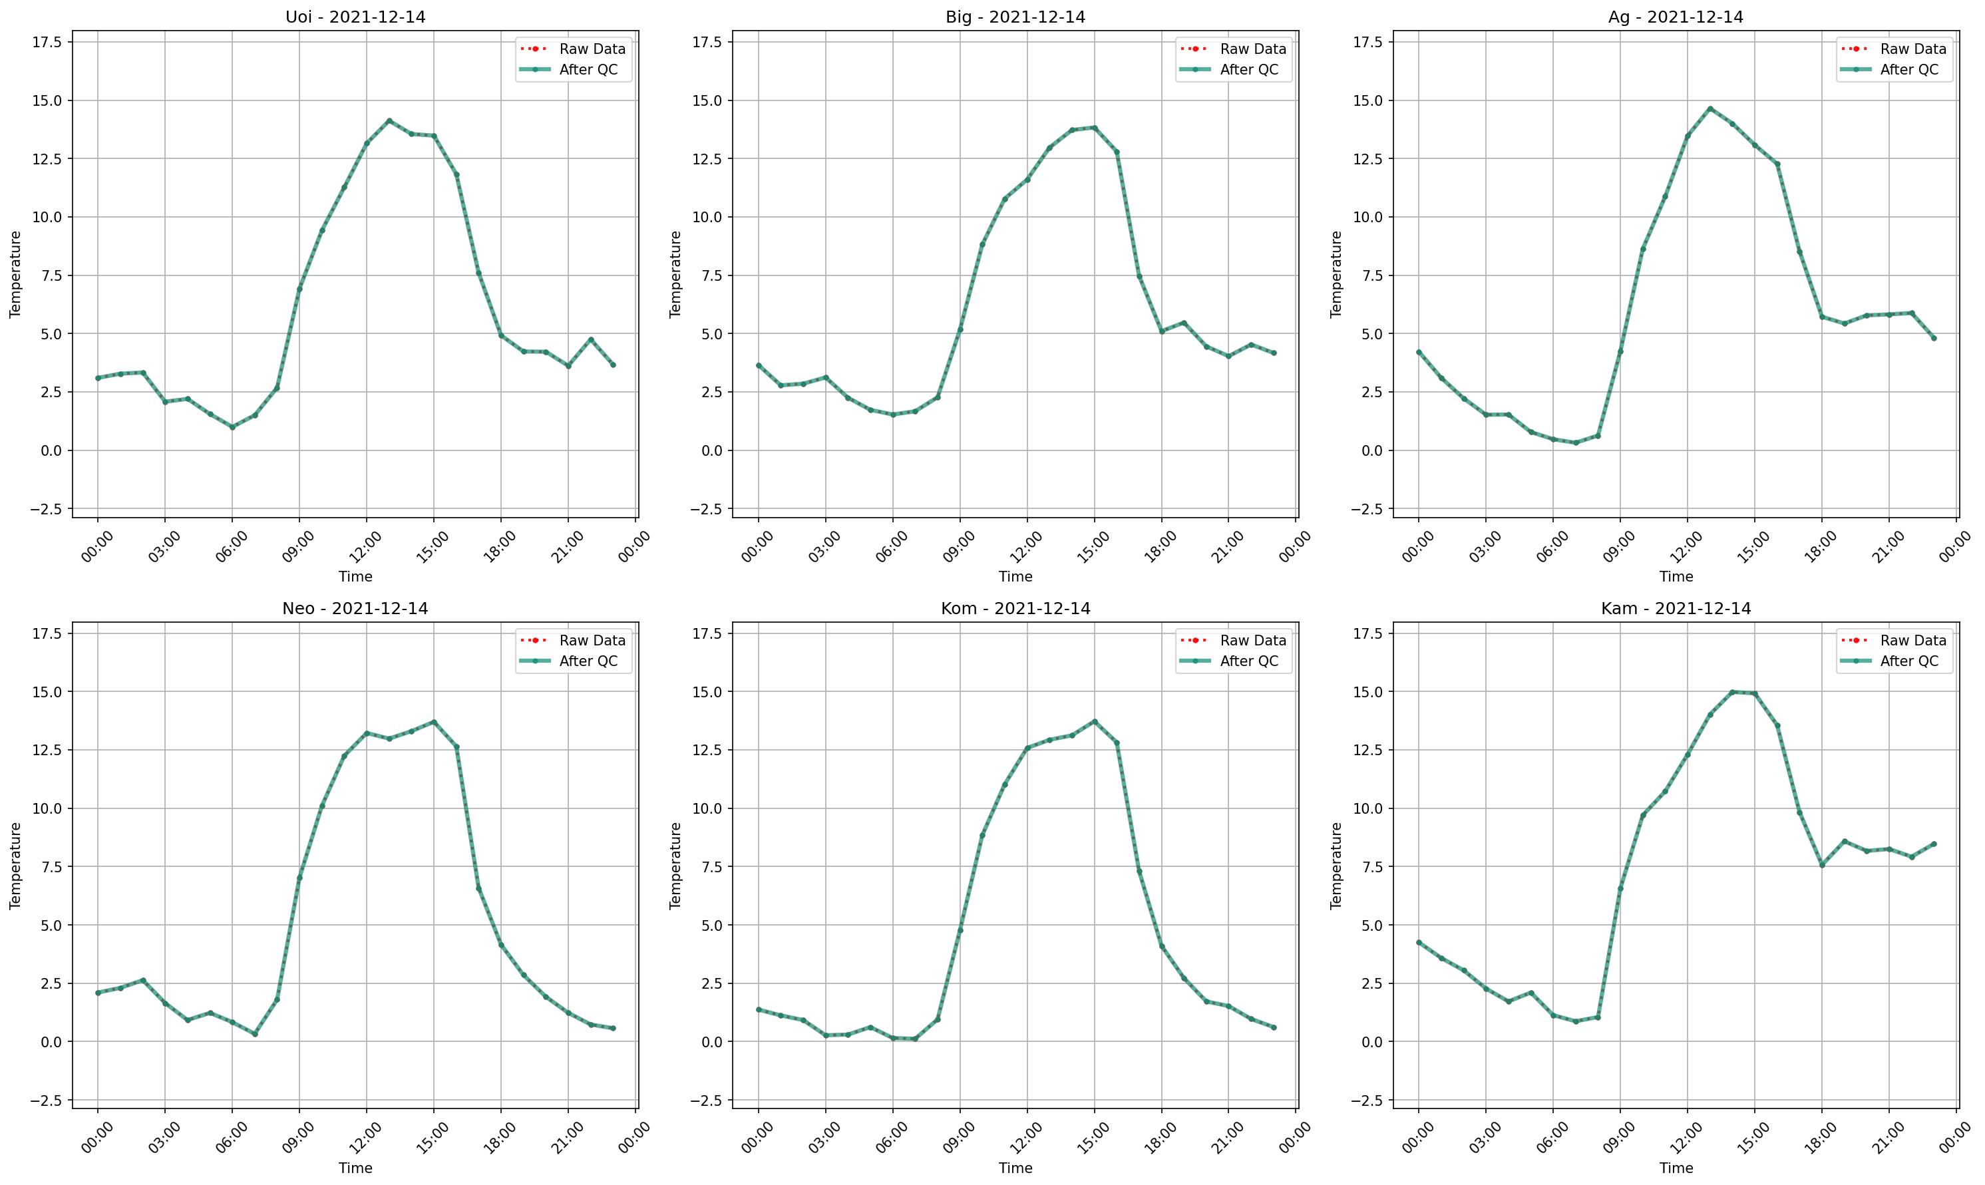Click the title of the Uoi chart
[x=355, y=17]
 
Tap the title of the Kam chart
[x=1676, y=609]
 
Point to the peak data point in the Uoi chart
[x=389, y=120]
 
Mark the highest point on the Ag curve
[x=1710, y=108]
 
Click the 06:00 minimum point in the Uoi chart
[x=232, y=427]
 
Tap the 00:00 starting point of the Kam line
[x=1418, y=942]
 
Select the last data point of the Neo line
[x=614, y=1029]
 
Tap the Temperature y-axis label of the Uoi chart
[x=15, y=275]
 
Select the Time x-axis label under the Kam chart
[x=1676, y=1168]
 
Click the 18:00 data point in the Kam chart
[x=1821, y=865]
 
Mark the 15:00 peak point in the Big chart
[x=1094, y=127]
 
